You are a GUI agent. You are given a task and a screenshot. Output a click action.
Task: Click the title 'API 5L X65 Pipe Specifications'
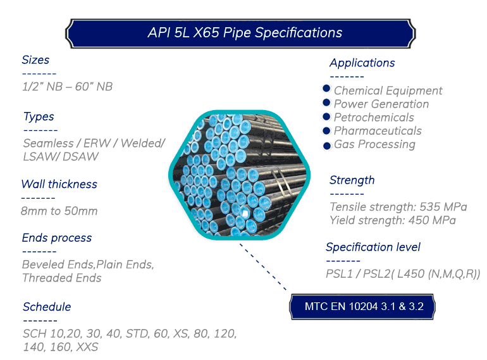pos(245,33)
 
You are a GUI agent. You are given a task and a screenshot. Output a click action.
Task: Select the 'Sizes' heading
pos(35,60)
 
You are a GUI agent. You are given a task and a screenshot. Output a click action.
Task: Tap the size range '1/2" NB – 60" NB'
pos(68,87)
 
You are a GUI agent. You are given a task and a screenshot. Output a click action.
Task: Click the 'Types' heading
pos(39,117)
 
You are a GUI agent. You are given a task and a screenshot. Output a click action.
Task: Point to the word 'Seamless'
pos(49,143)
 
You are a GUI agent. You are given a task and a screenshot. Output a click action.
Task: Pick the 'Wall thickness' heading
pos(59,184)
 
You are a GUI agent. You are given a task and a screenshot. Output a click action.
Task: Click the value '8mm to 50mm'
pos(59,211)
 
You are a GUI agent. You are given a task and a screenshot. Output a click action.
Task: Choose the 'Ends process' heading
pos(57,239)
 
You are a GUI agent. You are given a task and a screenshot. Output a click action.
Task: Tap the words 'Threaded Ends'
pos(62,278)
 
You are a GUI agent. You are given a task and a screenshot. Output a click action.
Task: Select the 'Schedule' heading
pos(47,307)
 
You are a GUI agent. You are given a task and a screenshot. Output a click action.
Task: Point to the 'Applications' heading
pos(362,63)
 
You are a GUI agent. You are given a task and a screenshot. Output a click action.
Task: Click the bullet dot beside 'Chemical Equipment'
pos(326,89)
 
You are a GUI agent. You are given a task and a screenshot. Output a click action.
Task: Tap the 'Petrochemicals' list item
pos(374,118)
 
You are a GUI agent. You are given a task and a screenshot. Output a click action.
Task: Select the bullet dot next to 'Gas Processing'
pos(326,146)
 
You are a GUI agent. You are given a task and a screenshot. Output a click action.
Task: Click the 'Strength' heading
pos(352,180)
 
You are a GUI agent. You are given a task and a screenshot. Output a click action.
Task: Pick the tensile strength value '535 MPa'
pos(443,207)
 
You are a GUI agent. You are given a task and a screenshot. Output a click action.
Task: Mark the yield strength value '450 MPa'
pos(432,220)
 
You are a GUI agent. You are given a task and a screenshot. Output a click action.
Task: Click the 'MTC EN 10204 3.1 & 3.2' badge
pos(362,307)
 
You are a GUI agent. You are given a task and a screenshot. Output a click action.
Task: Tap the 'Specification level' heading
pos(373,247)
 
